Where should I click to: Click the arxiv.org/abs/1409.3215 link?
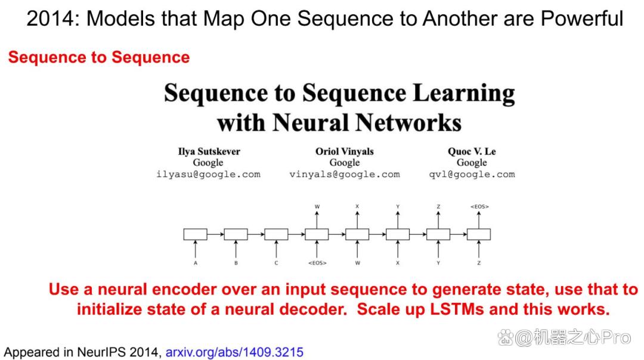coord(234,352)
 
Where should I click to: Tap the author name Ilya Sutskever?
coord(209,151)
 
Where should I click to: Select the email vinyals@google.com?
coord(345,175)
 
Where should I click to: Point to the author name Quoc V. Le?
coord(472,151)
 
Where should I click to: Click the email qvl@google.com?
coord(472,175)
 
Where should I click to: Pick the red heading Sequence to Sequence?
coord(99,57)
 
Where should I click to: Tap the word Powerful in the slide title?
coord(582,18)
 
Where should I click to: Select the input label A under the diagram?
coord(196,263)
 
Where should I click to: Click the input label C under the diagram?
coord(277,263)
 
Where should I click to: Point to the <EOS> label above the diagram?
coord(479,206)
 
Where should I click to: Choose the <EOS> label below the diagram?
coord(317,263)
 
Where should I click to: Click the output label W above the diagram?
coord(317,206)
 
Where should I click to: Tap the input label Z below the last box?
coord(479,263)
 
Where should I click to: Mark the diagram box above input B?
coord(236,234)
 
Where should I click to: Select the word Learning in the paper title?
coord(464,93)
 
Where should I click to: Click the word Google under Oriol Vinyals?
coord(345,163)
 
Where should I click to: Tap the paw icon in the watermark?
coord(506,338)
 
